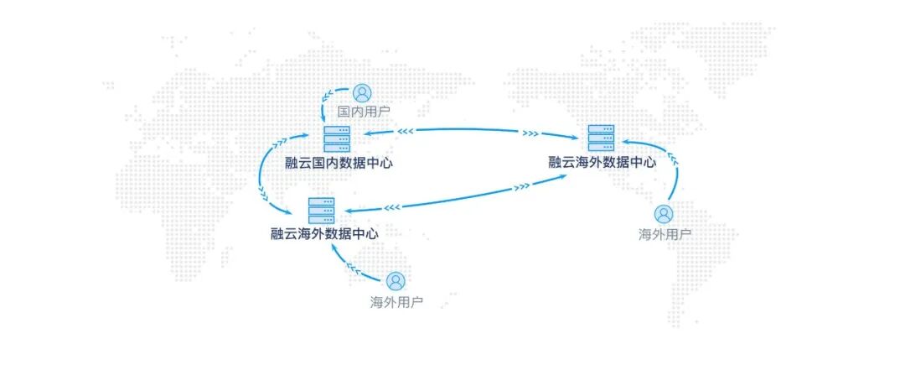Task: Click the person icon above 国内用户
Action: tap(361, 92)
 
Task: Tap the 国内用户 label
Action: tap(363, 111)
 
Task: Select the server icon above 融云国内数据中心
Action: tap(337, 139)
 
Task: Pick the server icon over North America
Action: tap(601, 138)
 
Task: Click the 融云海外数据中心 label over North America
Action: tap(602, 163)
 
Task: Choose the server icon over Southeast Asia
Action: tap(321, 210)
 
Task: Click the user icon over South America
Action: tap(664, 215)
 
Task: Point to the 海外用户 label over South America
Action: tap(665, 234)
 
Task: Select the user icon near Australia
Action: tap(396, 281)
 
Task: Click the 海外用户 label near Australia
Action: tap(396, 301)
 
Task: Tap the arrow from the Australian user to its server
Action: tap(352, 267)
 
